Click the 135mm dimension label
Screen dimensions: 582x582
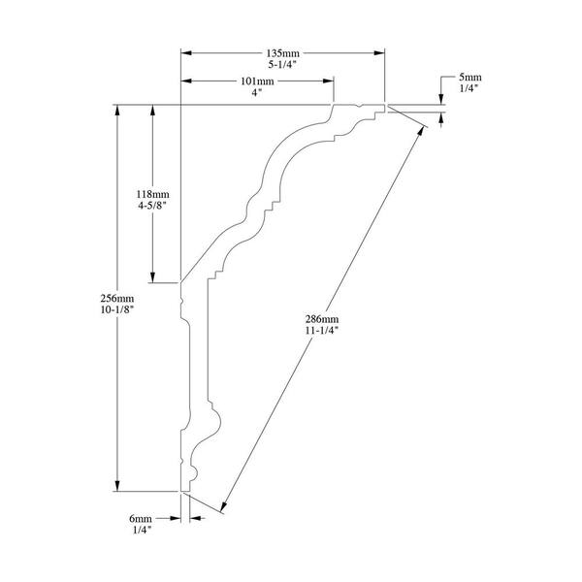tap(283, 53)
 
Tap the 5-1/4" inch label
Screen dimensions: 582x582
tap(282, 64)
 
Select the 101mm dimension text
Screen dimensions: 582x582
tap(257, 81)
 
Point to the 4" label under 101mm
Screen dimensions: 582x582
tap(257, 92)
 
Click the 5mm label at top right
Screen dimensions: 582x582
tap(470, 78)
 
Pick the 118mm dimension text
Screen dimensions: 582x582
tap(152, 194)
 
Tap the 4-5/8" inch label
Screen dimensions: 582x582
tap(152, 206)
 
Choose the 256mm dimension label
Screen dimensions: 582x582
tap(117, 299)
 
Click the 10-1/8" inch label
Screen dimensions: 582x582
tap(117, 309)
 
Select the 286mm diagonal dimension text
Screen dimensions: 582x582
tap(322, 319)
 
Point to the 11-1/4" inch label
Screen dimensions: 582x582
tap(322, 331)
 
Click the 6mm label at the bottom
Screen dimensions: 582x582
tap(141, 519)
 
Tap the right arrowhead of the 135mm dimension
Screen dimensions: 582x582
tap(379, 53)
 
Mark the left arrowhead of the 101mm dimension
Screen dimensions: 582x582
tap(186, 81)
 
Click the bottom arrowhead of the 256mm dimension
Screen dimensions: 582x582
tap(117, 486)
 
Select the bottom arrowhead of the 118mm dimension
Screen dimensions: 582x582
tap(152, 277)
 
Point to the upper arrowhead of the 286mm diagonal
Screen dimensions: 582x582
tap(421, 131)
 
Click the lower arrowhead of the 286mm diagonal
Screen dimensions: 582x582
tap(224, 506)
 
